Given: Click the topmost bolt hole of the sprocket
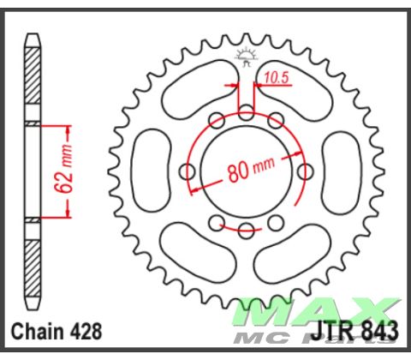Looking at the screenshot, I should pyautogui.click(x=247, y=111).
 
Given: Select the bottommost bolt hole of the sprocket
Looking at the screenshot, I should pyautogui.click(x=247, y=229).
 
